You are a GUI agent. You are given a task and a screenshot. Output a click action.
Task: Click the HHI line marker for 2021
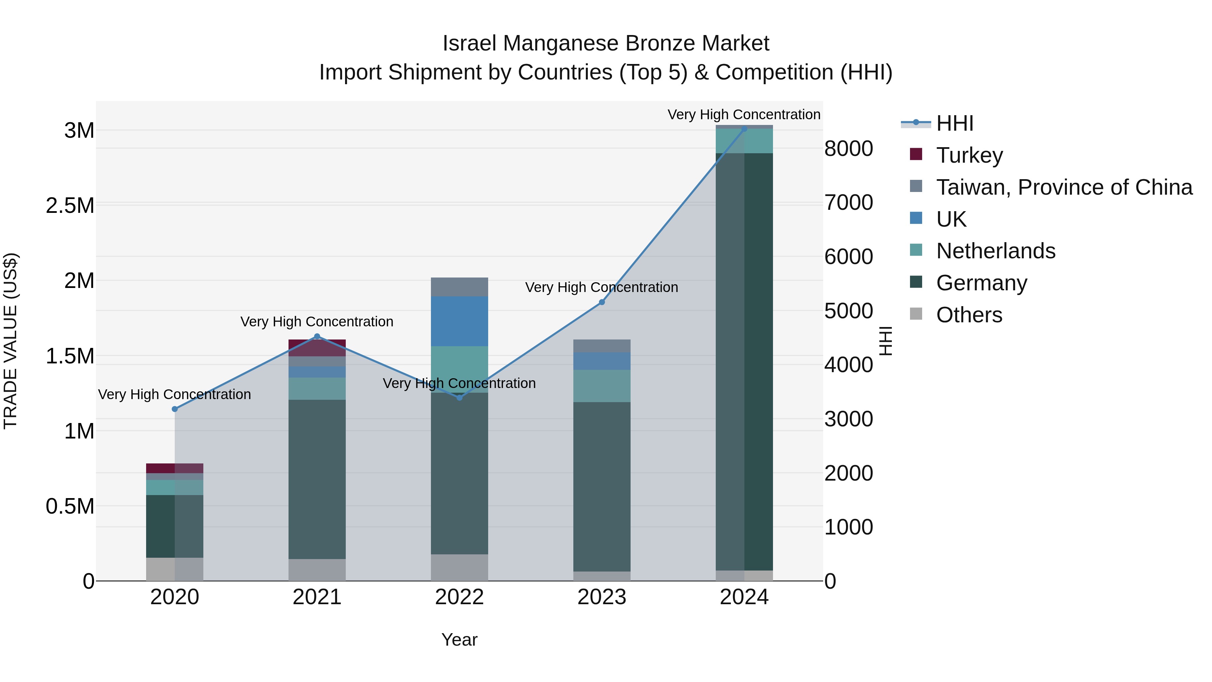317,336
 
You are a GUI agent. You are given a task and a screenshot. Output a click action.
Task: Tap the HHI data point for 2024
744,129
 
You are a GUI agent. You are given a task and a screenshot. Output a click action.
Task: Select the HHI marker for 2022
460,398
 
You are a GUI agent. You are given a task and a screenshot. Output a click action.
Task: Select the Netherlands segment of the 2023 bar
601,386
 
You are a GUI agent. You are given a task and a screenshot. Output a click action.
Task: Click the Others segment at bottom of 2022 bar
459,567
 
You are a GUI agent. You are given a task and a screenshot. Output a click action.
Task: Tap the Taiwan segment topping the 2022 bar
459,286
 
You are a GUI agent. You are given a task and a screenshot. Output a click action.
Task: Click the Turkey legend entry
969,155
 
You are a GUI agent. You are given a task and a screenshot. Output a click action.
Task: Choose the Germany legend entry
981,283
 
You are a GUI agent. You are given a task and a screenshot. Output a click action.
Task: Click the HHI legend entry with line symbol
954,123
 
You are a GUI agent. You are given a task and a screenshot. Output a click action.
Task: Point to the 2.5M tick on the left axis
70,206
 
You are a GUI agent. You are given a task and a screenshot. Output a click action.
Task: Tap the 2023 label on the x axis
601,597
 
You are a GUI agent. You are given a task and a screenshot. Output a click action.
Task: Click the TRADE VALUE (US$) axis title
10,341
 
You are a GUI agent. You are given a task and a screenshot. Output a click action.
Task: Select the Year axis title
459,640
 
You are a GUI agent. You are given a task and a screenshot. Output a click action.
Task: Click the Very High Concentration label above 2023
601,287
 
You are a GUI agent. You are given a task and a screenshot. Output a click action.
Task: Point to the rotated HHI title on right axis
885,341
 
